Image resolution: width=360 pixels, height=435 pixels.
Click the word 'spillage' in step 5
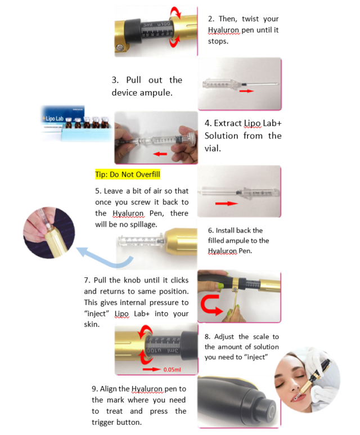[140, 225]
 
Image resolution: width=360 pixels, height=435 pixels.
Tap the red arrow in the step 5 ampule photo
[227, 203]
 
